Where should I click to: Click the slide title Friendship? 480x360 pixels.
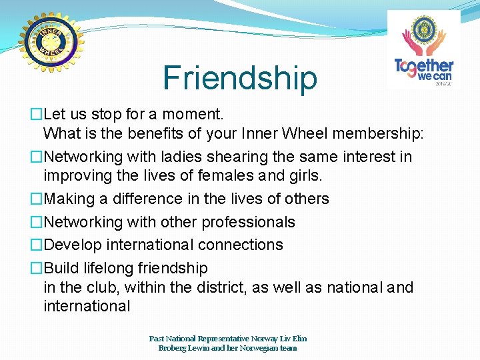[240, 78]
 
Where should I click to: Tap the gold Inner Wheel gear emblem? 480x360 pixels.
[51, 43]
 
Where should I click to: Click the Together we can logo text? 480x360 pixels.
[424, 69]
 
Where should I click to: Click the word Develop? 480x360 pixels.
[71, 245]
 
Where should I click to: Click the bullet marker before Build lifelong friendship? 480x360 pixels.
[37, 268]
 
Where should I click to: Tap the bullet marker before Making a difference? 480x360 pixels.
[37, 199]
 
